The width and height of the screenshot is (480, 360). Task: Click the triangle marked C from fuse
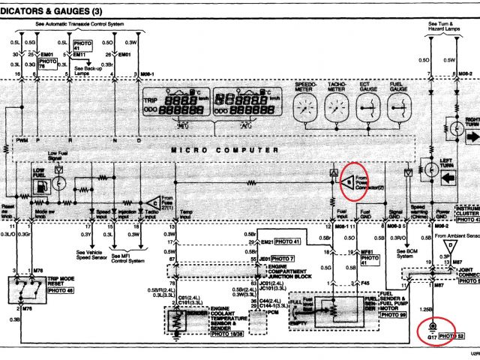tap(153, 203)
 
